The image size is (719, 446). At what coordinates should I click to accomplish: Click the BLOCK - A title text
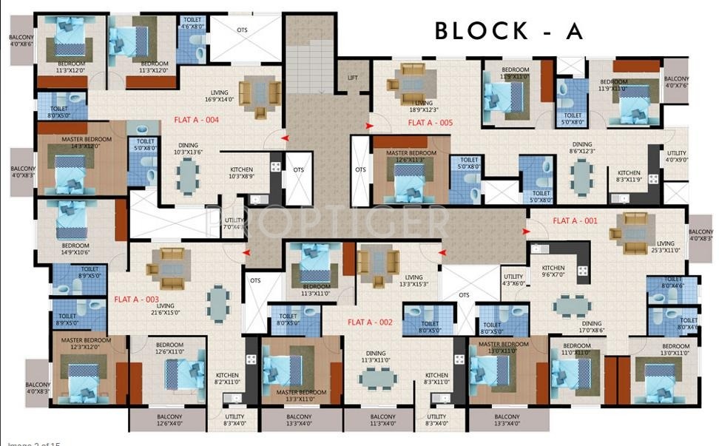[x=509, y=31]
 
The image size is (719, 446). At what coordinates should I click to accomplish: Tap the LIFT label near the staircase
[x=354, y=77]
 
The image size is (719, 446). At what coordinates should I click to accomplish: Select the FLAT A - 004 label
[x=196, y=119]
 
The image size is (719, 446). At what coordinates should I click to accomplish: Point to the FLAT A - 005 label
[x=430, y=123]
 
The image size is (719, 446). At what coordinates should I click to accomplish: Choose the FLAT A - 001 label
[x=575, y=220]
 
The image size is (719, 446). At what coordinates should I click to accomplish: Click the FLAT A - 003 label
[x=136, y=300]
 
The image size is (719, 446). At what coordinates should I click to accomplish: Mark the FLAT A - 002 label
[x=369, y=322]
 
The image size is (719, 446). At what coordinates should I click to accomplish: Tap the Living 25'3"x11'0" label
[x=665, y=247]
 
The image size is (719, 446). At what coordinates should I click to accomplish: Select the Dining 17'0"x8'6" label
[x=591, y=328]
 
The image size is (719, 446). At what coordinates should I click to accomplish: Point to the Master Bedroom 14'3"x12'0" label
[x=87, y=143]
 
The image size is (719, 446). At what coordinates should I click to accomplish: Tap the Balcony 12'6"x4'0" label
[x=169, y=421]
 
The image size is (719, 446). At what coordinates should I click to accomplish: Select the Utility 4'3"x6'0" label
[x=513, y=280]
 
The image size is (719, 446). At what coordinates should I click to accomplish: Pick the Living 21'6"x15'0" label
[x=165, y=308]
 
